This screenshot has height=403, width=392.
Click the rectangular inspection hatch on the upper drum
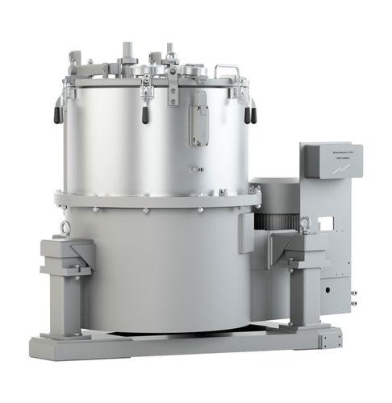198,119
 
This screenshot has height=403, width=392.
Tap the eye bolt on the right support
306,225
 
